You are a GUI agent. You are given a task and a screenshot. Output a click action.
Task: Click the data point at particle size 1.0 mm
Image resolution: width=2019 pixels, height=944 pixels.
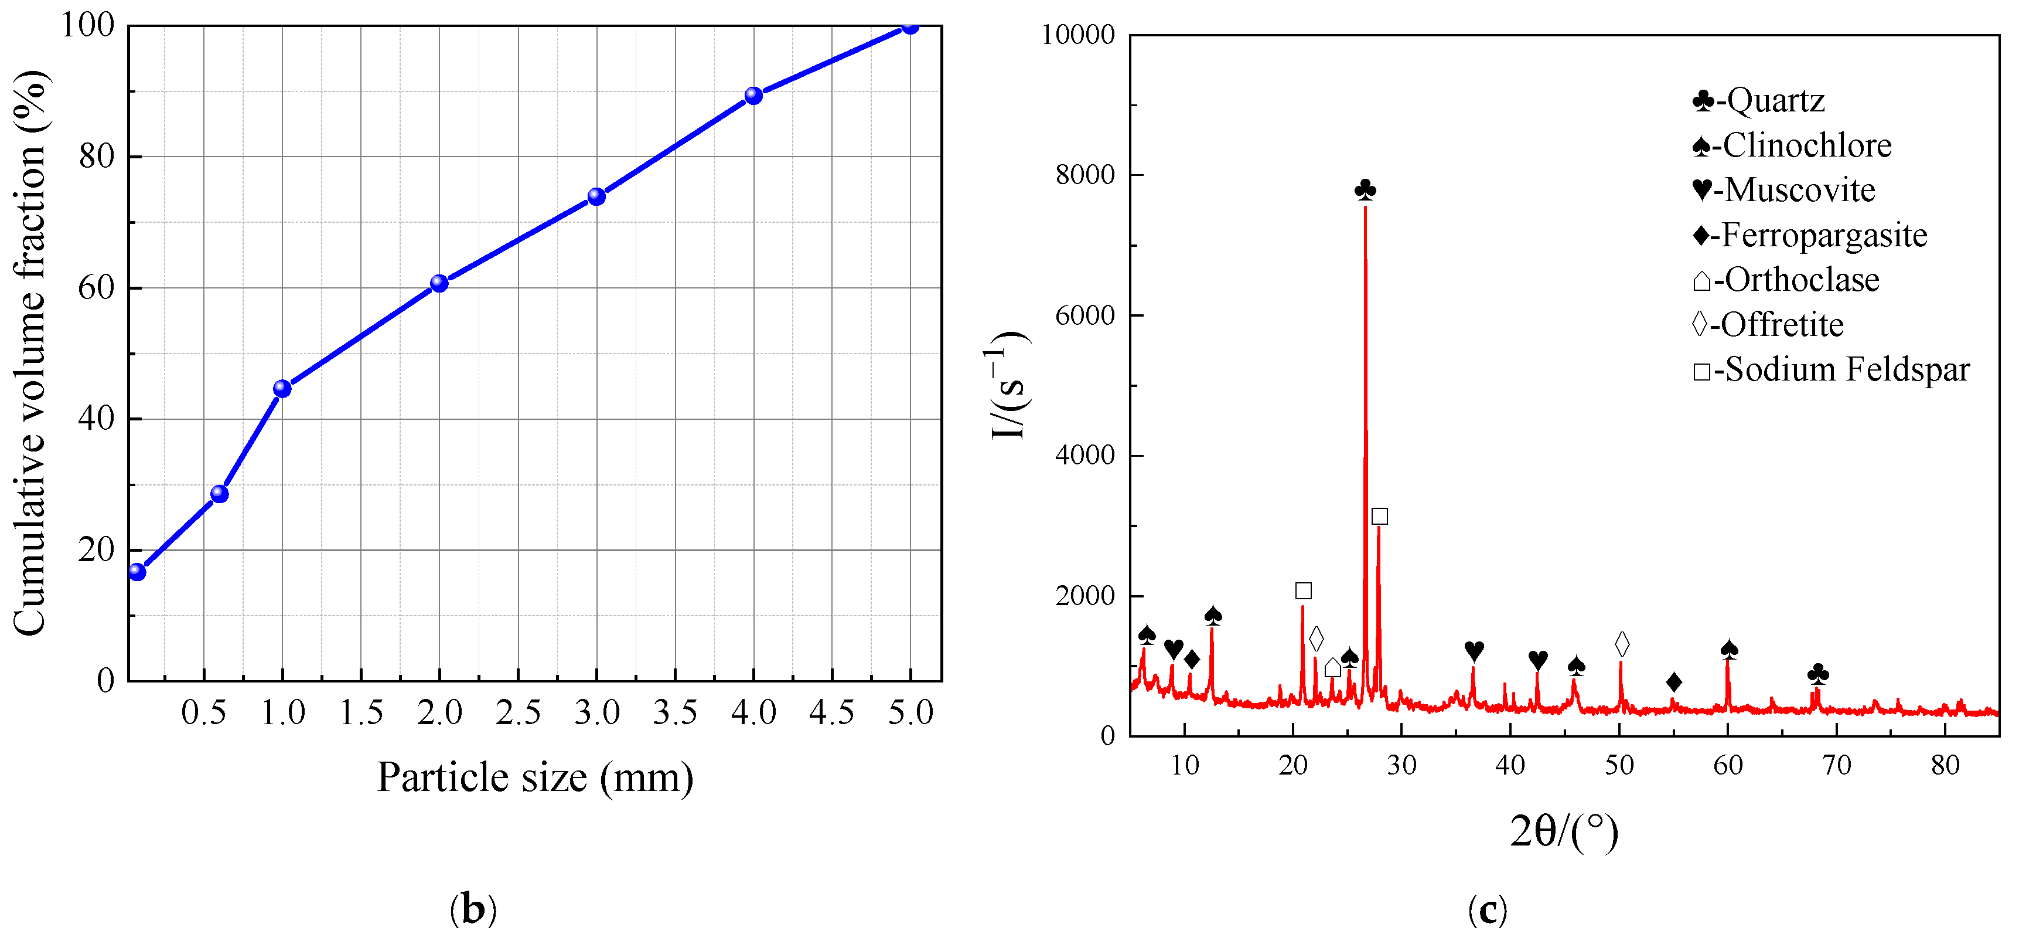point(282,389)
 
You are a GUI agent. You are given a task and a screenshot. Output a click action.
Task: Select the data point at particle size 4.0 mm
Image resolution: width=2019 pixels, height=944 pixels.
point(753,96)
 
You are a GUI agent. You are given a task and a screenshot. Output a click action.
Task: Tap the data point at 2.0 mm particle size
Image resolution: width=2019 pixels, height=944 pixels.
point(439,283)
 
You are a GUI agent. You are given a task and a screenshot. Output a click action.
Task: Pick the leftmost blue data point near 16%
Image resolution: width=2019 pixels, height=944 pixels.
point(137,572)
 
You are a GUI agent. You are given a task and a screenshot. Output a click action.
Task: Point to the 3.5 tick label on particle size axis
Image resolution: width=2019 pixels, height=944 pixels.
point(675,714)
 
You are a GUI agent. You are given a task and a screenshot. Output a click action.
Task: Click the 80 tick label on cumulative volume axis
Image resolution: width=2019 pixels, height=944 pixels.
point(97,157)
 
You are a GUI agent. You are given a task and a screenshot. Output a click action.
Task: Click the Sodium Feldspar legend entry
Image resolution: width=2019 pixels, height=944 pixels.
point(1830,369)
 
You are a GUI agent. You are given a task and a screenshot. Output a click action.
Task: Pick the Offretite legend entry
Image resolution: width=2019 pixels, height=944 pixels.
point(1768,325)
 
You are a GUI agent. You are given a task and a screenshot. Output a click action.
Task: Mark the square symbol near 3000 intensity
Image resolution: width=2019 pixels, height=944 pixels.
point(1379,516)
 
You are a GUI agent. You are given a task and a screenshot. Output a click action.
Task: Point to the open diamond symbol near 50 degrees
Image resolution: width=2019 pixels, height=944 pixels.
point(1622,644)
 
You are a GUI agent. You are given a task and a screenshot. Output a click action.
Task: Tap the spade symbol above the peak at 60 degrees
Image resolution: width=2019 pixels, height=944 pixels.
point(1729,649)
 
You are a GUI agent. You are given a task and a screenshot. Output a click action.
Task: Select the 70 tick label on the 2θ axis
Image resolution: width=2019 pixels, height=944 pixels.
point(1836,765)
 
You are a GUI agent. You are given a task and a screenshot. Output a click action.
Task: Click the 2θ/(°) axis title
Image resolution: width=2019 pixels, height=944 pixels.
point(1564,833)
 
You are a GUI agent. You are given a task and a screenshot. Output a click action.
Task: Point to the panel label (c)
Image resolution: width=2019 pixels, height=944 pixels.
point(1487,909)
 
